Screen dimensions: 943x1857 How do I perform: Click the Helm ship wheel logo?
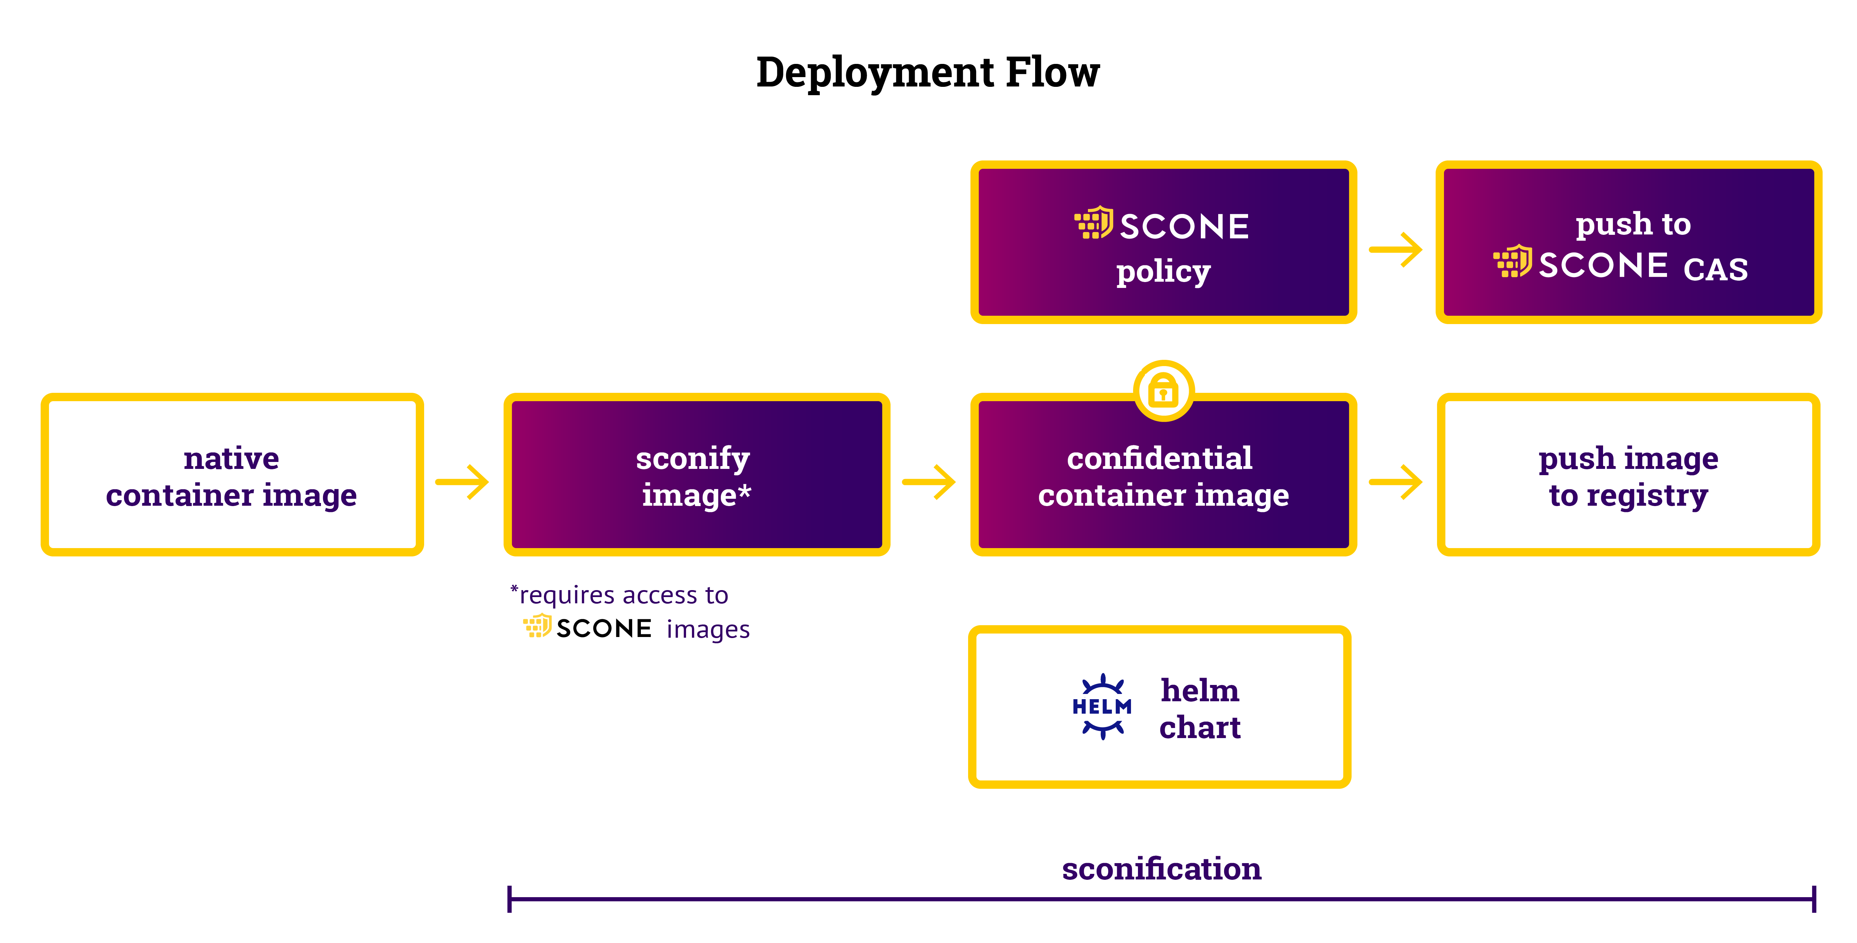click(1102, 706)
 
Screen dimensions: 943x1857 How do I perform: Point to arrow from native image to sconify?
click(463, 482)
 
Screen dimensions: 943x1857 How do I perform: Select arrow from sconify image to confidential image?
click(929, 482)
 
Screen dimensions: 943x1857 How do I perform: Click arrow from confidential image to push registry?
click(1396, 482)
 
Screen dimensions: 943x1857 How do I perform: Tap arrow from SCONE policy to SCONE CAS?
click(1396, 249)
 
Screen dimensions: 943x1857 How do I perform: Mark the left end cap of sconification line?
click(510, 899)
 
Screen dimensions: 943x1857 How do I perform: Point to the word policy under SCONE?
click(1163, 272)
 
